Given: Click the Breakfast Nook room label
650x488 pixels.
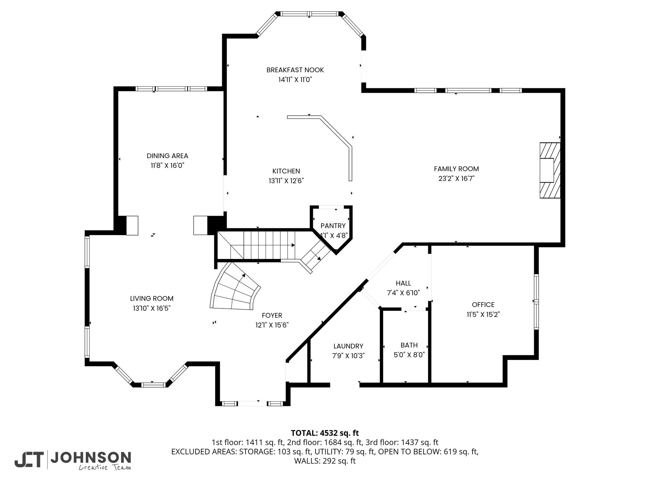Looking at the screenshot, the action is (x=295, y=70).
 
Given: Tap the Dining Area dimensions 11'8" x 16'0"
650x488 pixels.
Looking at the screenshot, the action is (x=168, y=166).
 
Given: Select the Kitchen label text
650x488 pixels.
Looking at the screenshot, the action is (x=286, y=171).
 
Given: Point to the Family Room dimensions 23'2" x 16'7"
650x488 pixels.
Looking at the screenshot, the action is (x=456, y=179).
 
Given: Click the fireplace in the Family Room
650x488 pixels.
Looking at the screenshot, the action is (x=550, y=170).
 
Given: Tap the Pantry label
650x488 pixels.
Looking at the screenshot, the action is (x=333, y=226).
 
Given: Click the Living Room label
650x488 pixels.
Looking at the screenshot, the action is (x=152, y=299).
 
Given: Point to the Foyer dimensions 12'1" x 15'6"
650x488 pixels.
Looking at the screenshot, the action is (x=272, y=325).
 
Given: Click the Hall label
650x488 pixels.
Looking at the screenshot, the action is (x=403, y=283).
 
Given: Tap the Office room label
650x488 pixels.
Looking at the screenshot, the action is (x=483, y=305).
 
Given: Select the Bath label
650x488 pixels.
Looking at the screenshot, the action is (x=409, y=345).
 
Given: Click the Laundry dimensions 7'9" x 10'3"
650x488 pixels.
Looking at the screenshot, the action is (x=348, y=356).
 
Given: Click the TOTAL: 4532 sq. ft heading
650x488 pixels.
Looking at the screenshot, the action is (x=325, y=433).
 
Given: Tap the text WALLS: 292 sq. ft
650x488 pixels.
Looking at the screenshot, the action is (x=325, y=461).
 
